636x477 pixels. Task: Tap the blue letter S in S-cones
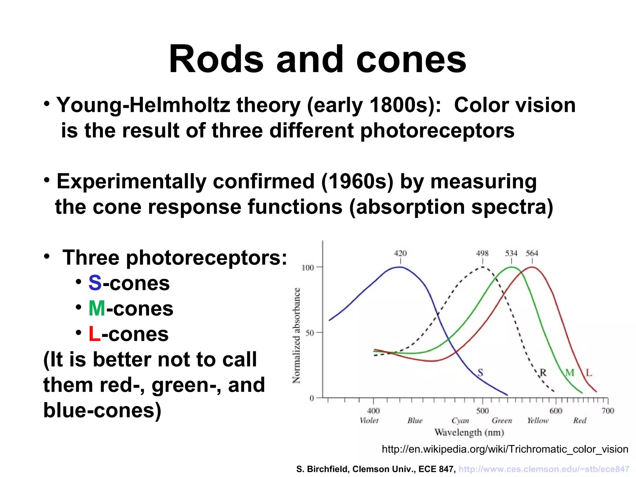(95, 283)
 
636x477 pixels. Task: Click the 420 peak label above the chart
(400, 253)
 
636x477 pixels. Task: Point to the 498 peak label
(482, 253)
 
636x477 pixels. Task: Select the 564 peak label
(532, 253)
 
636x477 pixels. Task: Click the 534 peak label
(511, 253)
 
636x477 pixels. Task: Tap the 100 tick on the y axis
(308, 267)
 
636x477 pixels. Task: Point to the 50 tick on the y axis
(310, 333)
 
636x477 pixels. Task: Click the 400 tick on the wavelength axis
(373, 411)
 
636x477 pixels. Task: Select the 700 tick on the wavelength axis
(608, 411)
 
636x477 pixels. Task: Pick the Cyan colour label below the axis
(460, 421)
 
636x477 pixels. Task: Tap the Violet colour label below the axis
(369, 420)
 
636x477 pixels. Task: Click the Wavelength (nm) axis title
(469, 432)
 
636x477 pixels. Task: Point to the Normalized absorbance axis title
(297, 335)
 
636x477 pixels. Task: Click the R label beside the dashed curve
(543, 372)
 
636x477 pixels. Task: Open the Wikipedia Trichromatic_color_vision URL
(505, 449)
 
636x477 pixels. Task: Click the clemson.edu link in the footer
(544, 469)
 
